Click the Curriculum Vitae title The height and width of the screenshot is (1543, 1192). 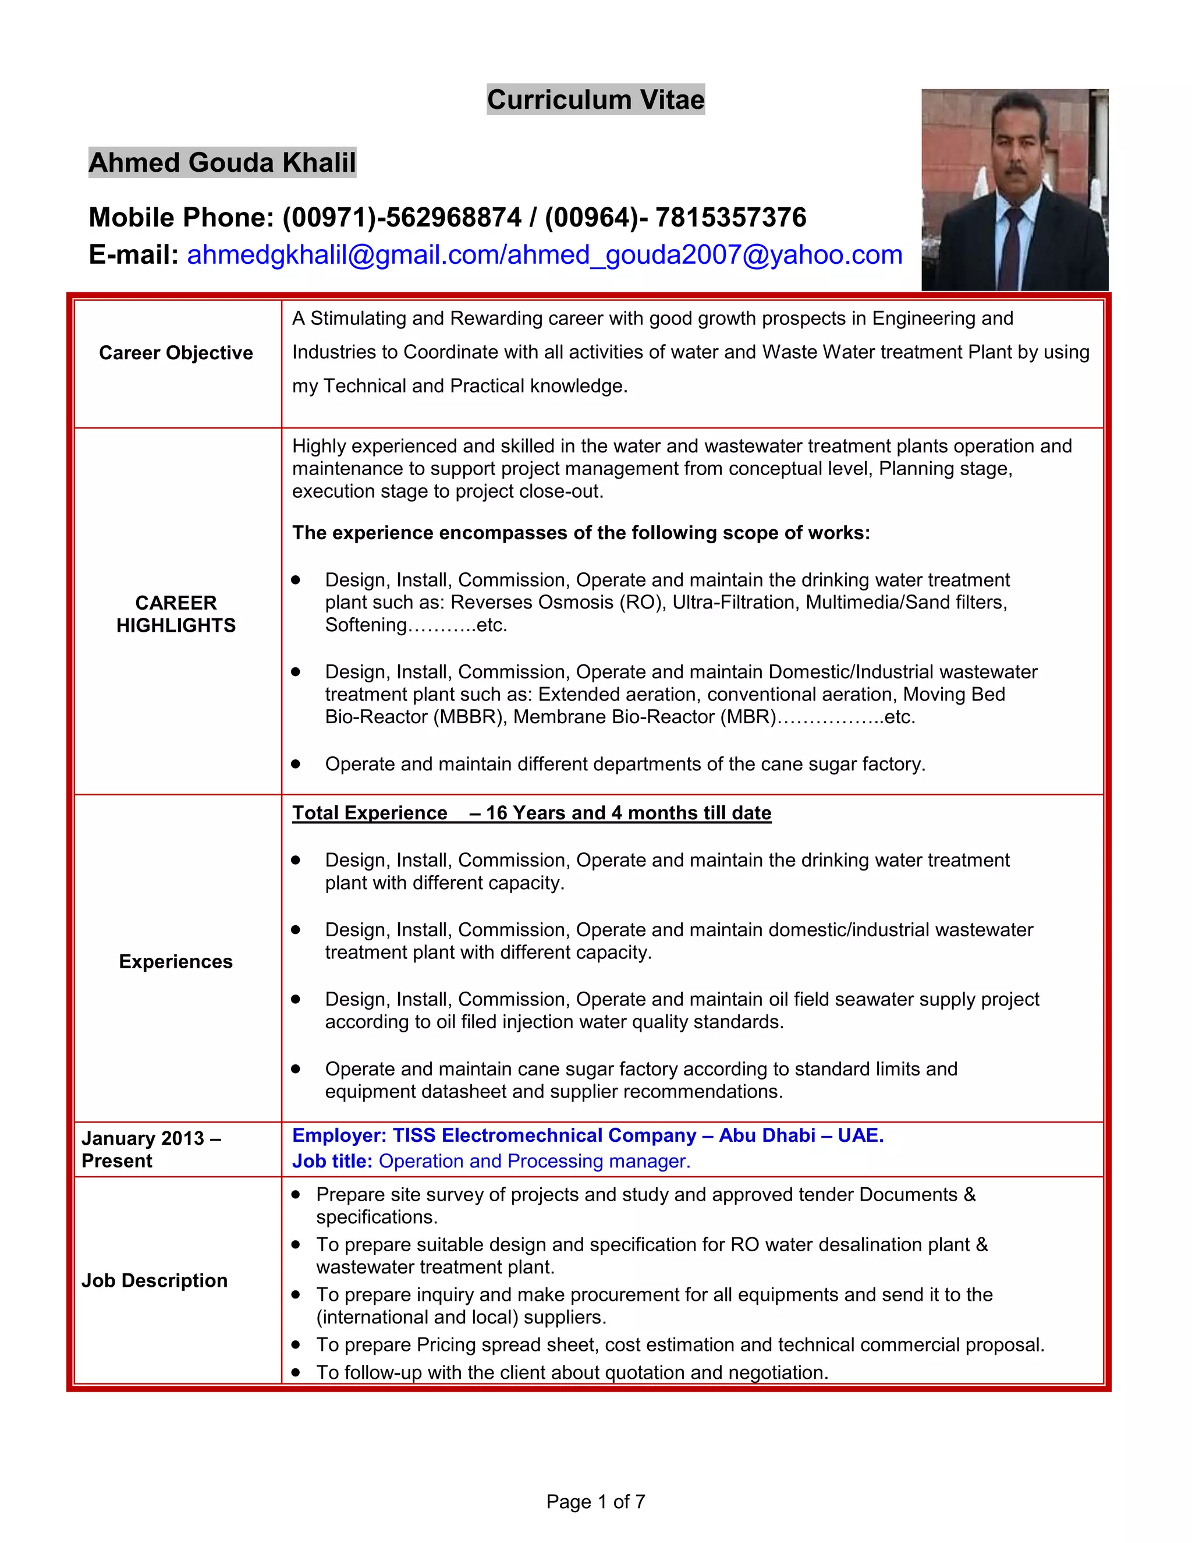point(595,100)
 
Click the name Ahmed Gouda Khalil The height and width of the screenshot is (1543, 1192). point(222,162)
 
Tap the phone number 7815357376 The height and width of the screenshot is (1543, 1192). point(730,218)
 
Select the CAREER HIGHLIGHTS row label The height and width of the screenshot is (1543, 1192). point(176,614)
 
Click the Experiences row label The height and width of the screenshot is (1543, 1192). point(176,961)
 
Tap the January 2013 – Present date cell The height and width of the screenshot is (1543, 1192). point(151,1149)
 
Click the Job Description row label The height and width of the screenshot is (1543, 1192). point(155,1280)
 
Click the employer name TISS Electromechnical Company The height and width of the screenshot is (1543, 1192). point(544,1135)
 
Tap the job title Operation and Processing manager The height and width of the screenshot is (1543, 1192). point(534,1162)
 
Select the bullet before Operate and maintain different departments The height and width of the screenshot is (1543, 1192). point(296,764)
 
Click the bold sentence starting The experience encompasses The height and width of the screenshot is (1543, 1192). point(580,533)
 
